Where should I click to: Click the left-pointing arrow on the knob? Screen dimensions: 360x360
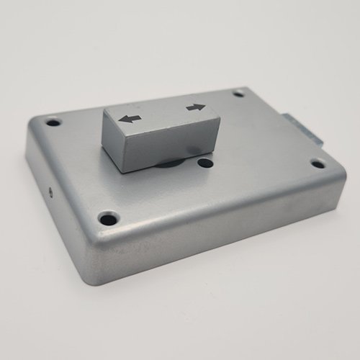tap(130, 118)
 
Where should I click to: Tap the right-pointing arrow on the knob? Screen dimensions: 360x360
tap(195, 108)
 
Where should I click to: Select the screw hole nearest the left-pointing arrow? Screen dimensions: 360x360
tap(53, 122)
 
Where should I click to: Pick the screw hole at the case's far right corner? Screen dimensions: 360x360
tap(318, 163)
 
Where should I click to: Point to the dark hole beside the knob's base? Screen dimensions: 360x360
tap(205, 163)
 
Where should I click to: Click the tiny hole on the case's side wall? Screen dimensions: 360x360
tap(50, 192)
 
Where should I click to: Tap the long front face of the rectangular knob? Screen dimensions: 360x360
tap(173, 143)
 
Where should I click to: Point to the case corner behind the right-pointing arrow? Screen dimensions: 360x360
tap(248, 89)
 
